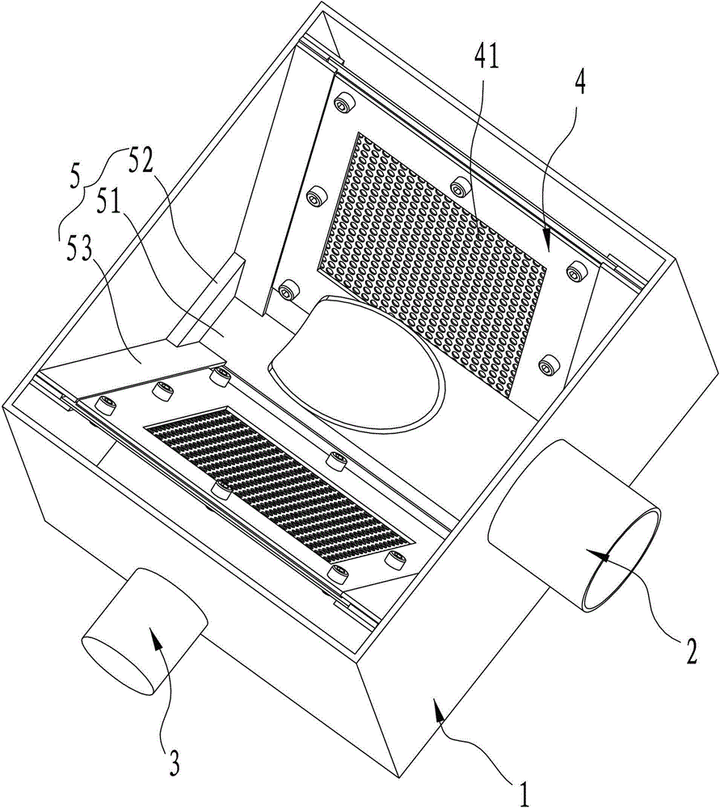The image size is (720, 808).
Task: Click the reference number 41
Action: pos(486,57)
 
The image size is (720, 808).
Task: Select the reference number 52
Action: pos(141,164)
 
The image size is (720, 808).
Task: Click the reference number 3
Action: pos(175,764)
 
